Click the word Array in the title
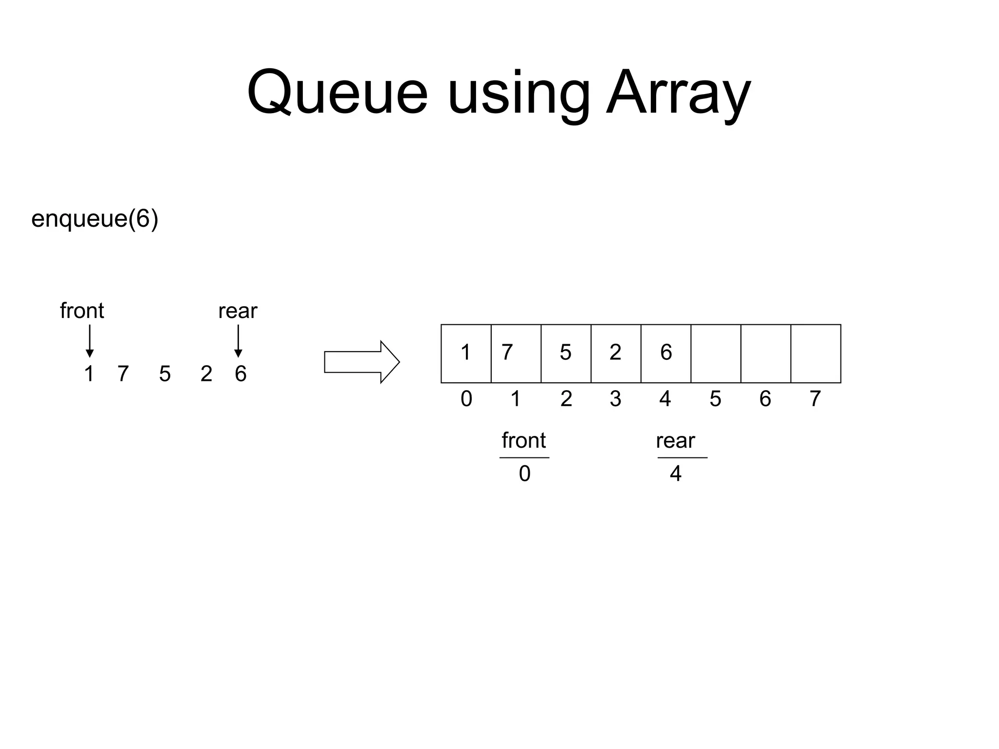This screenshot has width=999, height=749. tap(678, 93)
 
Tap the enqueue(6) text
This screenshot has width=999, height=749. tap(95, 219)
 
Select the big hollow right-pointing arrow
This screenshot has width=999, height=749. tap(361, 362)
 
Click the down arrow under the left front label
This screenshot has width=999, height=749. tap(89, 341)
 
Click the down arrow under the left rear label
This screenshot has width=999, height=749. tap(238, 341)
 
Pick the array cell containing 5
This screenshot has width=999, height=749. tap(566, 353)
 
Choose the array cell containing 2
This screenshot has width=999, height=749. tap(616, 353)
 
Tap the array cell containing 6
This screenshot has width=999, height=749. tap(666, 353)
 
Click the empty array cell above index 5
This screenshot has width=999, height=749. tap(716, 353)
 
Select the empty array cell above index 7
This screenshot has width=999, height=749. tap(816, 353)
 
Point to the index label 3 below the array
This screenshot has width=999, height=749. tap(616, 399)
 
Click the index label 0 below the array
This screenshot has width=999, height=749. tap(466, 399)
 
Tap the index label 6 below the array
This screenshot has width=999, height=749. tap(765, 399)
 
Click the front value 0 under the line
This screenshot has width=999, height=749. tap(524, 473)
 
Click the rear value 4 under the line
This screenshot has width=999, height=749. tap(675, 473)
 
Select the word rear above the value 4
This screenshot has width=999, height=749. tap(675, 441)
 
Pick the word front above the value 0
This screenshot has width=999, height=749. tap(523, 440)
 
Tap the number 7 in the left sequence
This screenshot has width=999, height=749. tap(123, 374)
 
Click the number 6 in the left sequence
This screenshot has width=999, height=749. tap(240, 374)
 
